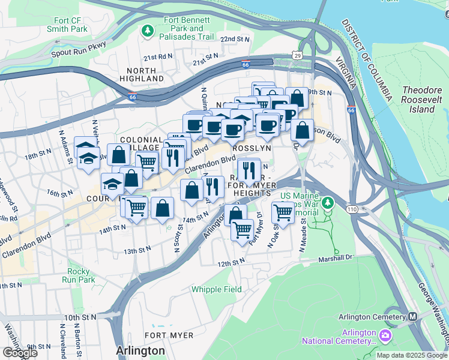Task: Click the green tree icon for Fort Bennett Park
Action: [x=148, y=30]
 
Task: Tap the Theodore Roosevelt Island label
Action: [x=421, y=100]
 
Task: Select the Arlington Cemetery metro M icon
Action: [x=413, y=317]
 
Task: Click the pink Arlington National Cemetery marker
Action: [x=385, y=334]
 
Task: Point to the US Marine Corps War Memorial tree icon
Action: [x=328, y=203]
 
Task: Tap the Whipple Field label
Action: [x=217, y=289]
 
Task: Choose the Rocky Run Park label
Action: [x=81, y=275]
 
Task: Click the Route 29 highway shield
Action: [x=297, y=55]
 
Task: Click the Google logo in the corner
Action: [x=19, y=352]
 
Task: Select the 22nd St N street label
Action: [x=234, y=39]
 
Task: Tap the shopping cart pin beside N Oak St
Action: [x=283, y=212]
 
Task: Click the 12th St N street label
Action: [x=231, y=263]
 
